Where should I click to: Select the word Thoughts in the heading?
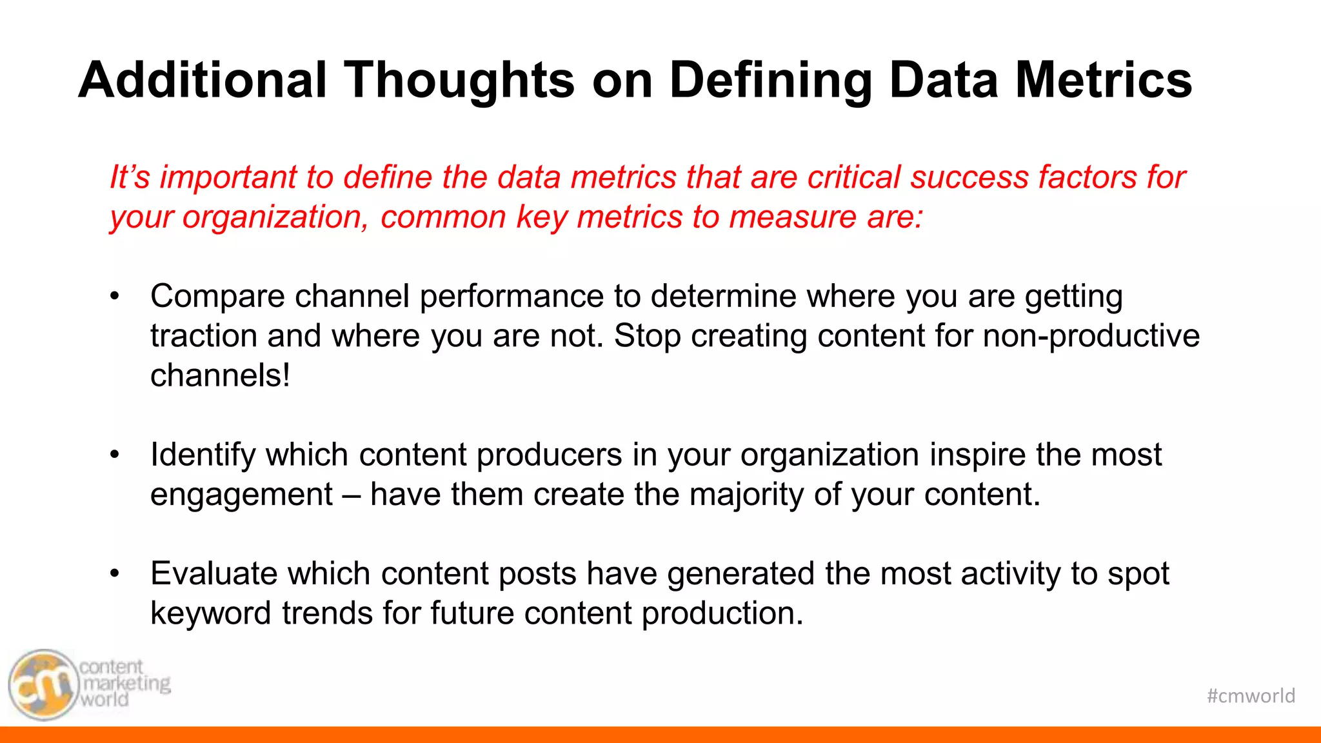click(459, 80)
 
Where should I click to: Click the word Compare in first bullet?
click(217, 297)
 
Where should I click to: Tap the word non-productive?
click(1091, 336)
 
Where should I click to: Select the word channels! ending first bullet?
click(220, 375)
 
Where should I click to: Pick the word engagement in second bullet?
click(241, 495)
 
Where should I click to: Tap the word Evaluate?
click(214, 573)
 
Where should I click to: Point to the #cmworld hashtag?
click(1251, 696)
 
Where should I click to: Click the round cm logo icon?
click(43, 685)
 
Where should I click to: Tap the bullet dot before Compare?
click(115, 297)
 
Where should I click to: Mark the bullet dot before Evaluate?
click(115, 573)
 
